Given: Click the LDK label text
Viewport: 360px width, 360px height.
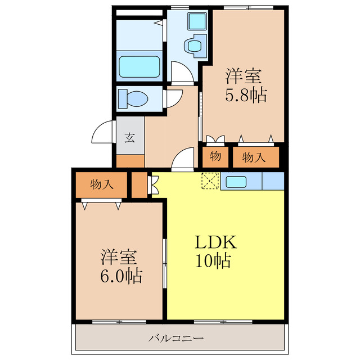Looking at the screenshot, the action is tap(215, 242).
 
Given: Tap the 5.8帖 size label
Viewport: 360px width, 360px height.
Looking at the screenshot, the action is tap(246, 95).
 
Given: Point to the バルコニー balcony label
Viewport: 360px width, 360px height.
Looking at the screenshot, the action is tap(176, 338).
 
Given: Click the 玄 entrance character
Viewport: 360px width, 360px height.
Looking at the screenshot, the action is tap(130, 138).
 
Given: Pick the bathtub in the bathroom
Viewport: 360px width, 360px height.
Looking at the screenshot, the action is tap(139, 66).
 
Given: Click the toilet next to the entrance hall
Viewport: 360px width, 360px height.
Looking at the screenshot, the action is tap(133, 99).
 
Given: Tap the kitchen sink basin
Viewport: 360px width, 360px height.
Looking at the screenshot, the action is tap(236, 182).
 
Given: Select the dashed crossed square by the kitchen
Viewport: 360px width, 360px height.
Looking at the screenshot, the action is tap(210, 181).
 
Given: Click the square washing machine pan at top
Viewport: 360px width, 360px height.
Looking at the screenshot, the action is tap(197, 21).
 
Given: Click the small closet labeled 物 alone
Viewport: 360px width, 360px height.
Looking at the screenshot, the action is tap(215, 157).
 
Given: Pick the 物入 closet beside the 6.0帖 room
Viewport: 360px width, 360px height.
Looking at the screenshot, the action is tap(101, 184).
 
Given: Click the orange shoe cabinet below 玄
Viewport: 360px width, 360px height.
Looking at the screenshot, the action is tap(130, 161).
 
